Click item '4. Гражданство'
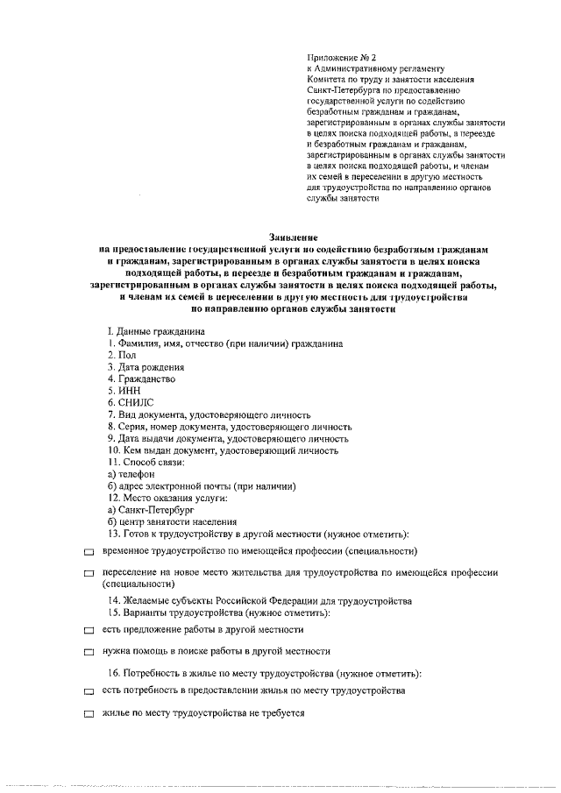point(141,379)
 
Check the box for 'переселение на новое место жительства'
point(89,573)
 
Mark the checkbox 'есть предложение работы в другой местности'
point(89,631)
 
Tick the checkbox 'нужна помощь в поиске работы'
point(89,653)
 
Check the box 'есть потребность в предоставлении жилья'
point(89,692)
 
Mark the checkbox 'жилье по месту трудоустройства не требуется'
point(89,715)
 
